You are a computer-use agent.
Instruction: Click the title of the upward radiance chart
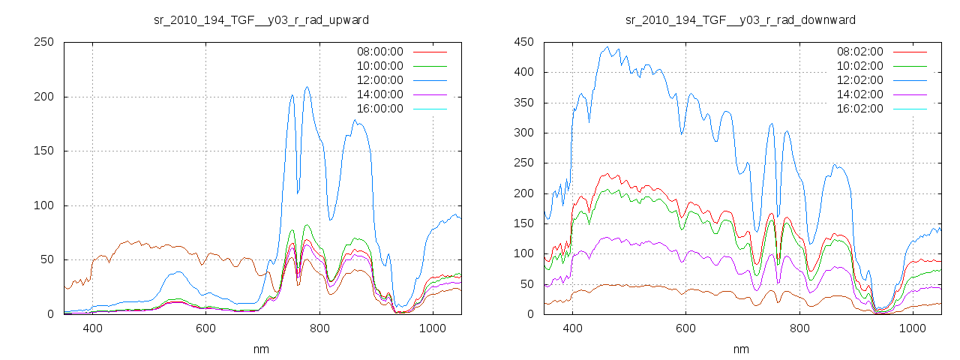click(x=261, y=19)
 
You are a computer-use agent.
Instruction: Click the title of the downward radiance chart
click(x=741, y=19)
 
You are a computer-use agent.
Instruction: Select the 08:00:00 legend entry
click(x=380, y=52)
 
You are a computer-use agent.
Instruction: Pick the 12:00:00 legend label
click(x=380, y=80)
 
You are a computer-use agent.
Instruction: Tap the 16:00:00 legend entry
click(x=380, y=109)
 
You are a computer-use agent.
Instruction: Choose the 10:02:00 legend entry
click(x=860, y=66)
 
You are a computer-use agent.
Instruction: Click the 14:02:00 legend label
click(x=860, y=94)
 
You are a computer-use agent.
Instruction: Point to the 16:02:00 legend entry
click(x=860, y=109)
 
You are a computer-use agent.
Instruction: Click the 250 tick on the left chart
click(x=43, y=42)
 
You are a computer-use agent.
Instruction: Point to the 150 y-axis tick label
click(x=43, y=151)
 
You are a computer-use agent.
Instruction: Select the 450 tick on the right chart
click(x=523, y=42)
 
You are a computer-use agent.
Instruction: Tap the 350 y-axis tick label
click(x=523, y=103)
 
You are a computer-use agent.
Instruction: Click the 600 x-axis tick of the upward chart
click(x=206, y=328)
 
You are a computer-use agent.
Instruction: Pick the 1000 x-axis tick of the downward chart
click(x=912, y=328)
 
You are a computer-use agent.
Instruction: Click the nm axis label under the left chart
click(x=261, y=349)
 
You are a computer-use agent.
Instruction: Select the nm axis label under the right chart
click(x=741, y=349)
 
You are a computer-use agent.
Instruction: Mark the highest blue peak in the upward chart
click(x=307, y=87)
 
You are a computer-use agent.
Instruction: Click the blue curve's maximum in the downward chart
click(x=607, y=47)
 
